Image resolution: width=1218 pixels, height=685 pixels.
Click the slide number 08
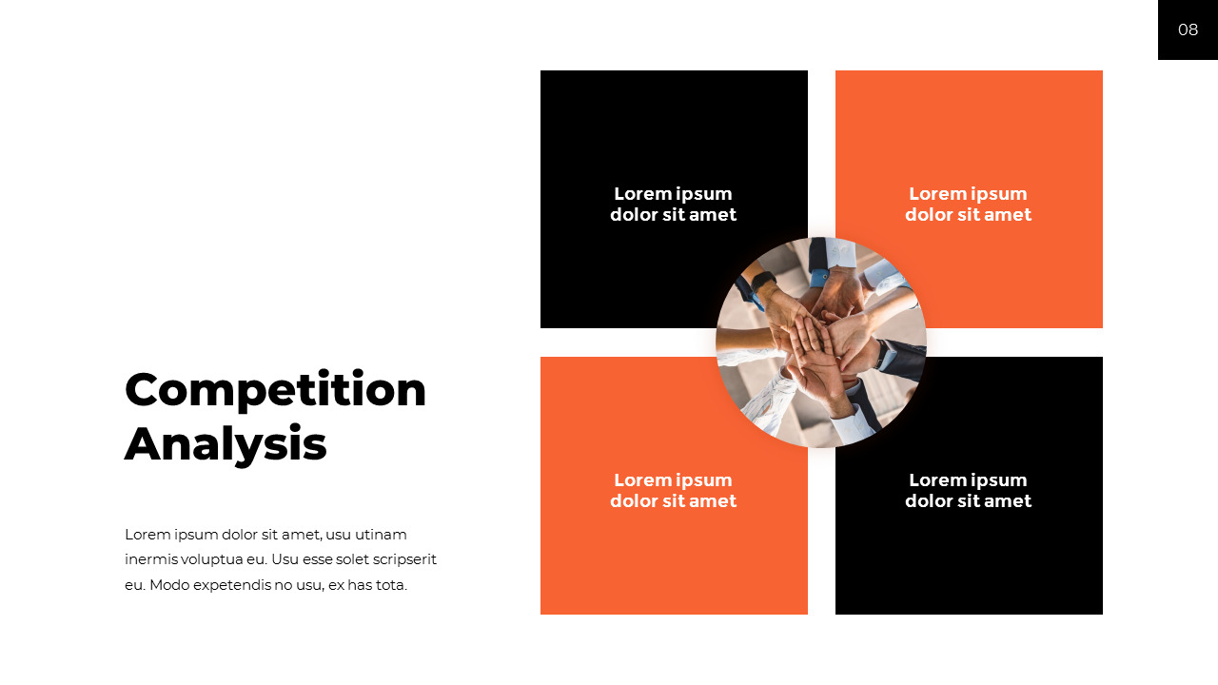point(1188,29)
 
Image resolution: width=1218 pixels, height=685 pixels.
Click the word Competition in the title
point(275,389)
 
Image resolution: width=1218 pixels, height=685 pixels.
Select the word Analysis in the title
point(226,443)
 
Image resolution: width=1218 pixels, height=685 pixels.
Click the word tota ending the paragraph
point(391,585)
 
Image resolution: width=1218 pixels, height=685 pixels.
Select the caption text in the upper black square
point(673,204)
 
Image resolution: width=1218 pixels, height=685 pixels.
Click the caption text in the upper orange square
point(968,204)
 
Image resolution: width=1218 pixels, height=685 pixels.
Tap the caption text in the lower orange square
point(673,490)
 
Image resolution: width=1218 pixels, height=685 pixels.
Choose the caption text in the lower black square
point(968,490)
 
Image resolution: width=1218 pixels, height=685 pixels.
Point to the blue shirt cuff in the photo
point(818,278)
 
